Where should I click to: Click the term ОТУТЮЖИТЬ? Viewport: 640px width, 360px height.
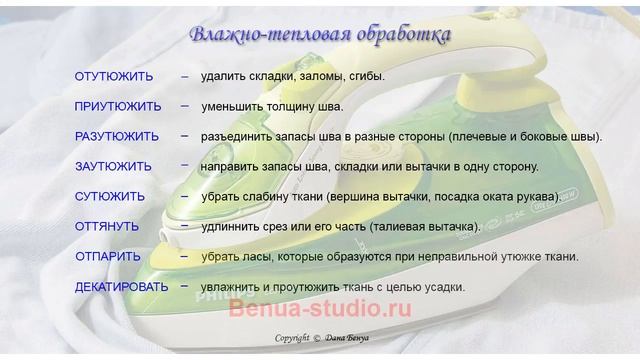coord(114,76)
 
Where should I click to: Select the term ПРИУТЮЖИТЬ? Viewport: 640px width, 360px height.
coord(117,106)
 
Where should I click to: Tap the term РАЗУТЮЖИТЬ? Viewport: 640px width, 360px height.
coord(117,136)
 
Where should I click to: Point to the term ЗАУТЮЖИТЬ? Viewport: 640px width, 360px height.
coord(113,166)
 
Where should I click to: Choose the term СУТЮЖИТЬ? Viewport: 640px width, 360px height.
coord(110,197)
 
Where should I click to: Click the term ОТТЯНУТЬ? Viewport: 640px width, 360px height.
coord(107,227)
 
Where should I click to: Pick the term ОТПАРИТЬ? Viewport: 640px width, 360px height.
coord(108,257)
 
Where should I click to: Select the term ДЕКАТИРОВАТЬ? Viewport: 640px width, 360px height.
coord(122,287)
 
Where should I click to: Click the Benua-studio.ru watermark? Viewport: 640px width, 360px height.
coord(320,310)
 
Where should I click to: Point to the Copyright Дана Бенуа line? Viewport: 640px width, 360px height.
coord(321,339)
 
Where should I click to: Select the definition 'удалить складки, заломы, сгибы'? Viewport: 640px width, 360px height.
coord(292,76)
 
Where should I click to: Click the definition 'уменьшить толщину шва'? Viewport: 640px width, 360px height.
coord(271,106)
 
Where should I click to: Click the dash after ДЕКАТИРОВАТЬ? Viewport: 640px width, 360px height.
coord(185,286)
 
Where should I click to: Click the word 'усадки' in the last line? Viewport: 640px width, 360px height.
coord(444,287)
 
